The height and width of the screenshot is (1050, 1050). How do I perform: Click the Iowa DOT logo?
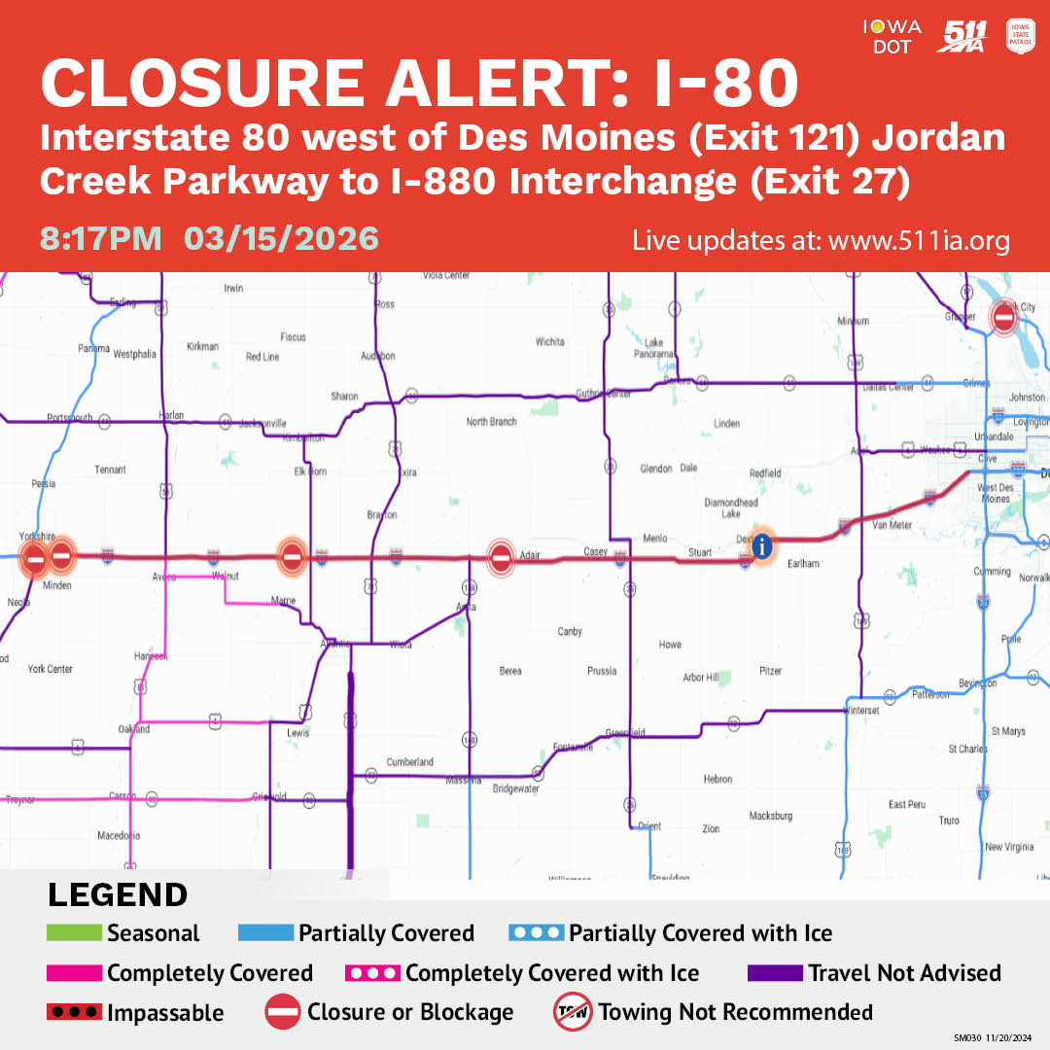(892, 35)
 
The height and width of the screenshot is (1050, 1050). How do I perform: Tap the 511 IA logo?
(962, 35)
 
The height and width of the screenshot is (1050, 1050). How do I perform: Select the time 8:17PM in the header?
(100, 238)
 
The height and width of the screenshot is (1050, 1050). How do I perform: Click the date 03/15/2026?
(281, 238)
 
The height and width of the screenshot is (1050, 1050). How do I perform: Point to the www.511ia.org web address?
(919, 240)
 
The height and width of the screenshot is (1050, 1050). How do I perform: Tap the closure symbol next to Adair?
(501, 558)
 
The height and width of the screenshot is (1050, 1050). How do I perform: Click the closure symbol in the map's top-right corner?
(1004, 317)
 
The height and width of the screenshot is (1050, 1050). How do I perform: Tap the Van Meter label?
(892, 525)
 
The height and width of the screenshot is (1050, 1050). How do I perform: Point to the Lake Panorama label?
(654, 348)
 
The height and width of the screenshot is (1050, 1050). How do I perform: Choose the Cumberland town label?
(409, 762)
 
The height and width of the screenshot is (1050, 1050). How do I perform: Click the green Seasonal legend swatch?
(74, 933)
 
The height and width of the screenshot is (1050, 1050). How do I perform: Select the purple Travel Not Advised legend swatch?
(775, 973)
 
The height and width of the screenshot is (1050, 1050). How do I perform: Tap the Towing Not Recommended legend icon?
(573, 1012)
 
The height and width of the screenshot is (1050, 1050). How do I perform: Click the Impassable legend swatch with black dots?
(74, 1013)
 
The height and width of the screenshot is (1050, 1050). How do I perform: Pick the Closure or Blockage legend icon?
(283, 1012)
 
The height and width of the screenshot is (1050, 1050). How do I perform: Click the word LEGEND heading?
(118, 895)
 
